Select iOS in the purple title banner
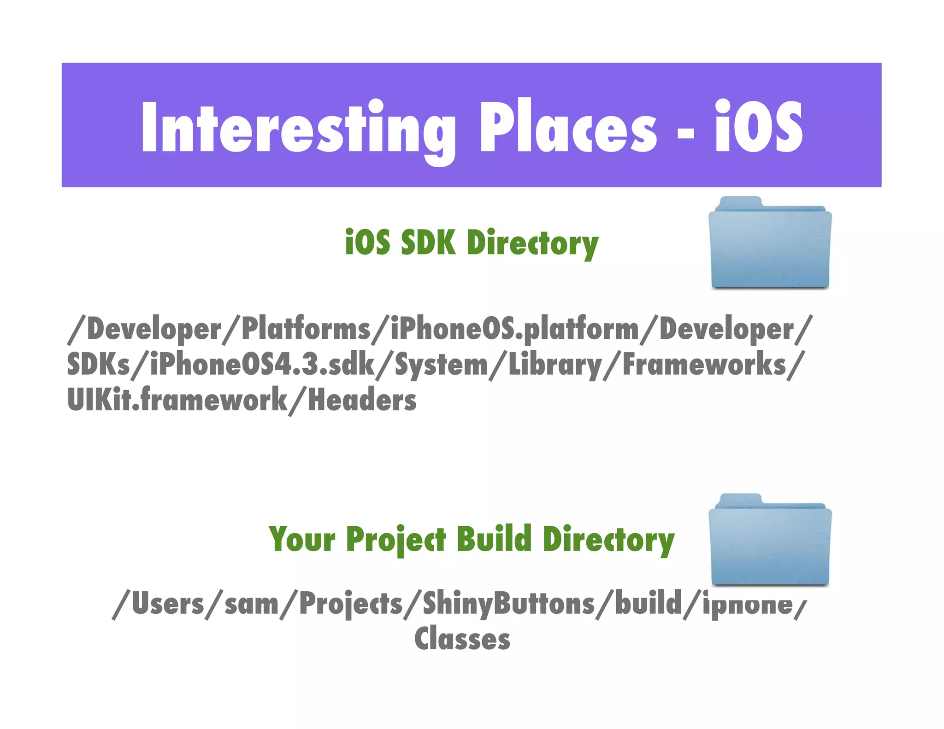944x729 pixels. [759, 127]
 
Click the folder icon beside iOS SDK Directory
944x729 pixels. [770, 244]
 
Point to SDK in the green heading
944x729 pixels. [428, 242]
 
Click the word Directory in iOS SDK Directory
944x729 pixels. [532, 243]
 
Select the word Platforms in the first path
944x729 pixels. [306, 329]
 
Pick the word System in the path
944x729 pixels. [441, 364]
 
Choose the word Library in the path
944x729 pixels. [555, 364]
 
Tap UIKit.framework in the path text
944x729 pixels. [177, 400]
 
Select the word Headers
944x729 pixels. [362, 400]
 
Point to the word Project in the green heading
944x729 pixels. [395, 540]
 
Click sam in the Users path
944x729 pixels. [251, 604]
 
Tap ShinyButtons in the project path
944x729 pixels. [508, 604]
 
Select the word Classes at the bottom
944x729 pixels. [462, 639]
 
